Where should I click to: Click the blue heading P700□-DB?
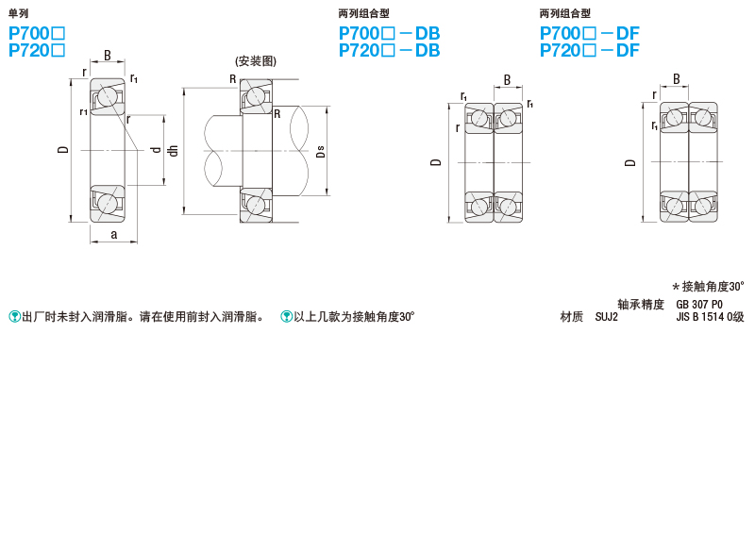[x=389, y=33]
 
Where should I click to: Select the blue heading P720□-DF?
[x=589, y=50]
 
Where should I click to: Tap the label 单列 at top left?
[x=18, y=13]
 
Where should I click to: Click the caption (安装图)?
[x=256, y=61]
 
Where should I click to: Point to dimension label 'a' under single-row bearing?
[x=113, y=234]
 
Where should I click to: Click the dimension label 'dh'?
[x=173, y=151]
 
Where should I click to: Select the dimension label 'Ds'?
[x=320, y=152]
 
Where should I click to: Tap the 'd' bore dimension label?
[x=156, y=150]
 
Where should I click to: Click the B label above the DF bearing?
[x=676, y=79]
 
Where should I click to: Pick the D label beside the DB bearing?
[x=435, y=162]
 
